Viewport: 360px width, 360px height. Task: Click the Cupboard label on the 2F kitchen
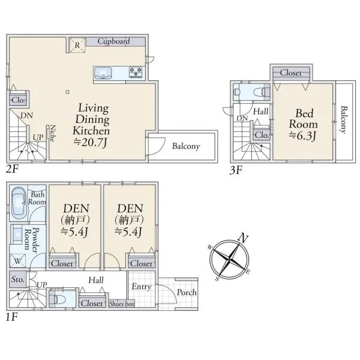click(113, 41)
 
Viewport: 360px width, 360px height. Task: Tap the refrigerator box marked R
click(77, 45)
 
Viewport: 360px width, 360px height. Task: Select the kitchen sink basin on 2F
click(103, 73)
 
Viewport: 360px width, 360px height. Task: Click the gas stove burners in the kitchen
click(136, 72)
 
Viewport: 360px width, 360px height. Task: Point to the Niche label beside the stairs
click(53, 133)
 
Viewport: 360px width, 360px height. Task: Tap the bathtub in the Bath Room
click(19, 203)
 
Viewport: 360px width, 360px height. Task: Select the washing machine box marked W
click(17, 261)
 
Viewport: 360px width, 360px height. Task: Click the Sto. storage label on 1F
click(17, 279)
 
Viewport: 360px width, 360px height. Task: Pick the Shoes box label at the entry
click(122, 304)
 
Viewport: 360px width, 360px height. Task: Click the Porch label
click(187, 292)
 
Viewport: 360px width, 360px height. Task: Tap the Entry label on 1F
click(142, 287)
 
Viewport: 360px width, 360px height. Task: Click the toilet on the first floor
click(59, 299)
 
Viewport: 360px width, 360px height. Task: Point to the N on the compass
click(243, 238)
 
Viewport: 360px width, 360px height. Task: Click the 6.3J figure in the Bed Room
click(302, 136)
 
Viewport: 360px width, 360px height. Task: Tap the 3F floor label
click(236, 170)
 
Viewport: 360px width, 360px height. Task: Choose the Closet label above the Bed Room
click(291, 73)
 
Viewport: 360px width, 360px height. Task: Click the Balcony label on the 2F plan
click(186, 146)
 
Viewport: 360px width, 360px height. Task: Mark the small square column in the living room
click(67, 92)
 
